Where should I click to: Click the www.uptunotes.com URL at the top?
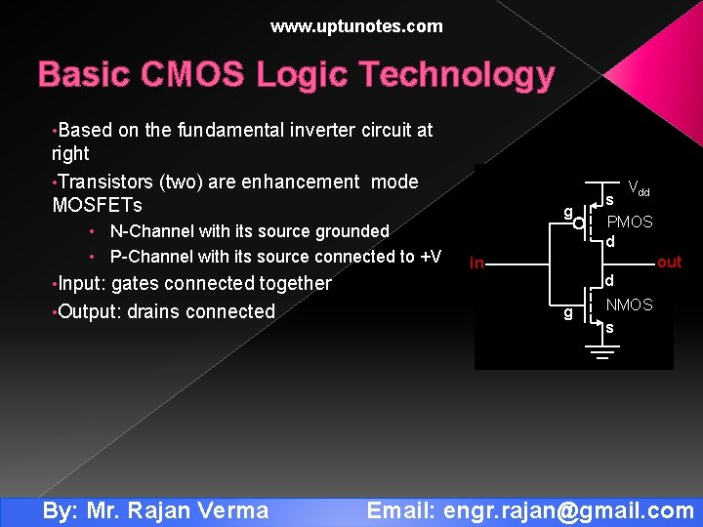pos(356,26)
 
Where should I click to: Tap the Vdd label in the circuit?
pos(639,187)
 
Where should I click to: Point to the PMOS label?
pos(630,222)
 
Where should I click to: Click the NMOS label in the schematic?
pos(629,305)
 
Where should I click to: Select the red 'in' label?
pos(476,263)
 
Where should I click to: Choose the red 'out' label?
pos(669,262)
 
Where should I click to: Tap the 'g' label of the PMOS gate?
pos(566,212)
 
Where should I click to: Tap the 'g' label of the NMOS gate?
pos(566,312)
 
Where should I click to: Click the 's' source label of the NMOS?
pos(609,328)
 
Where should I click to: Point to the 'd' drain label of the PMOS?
pos(609,242)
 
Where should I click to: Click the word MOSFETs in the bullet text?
pos(97,205)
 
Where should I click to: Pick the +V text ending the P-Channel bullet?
pos(431,257)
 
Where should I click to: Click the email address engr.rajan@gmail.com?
pos(568,510)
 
